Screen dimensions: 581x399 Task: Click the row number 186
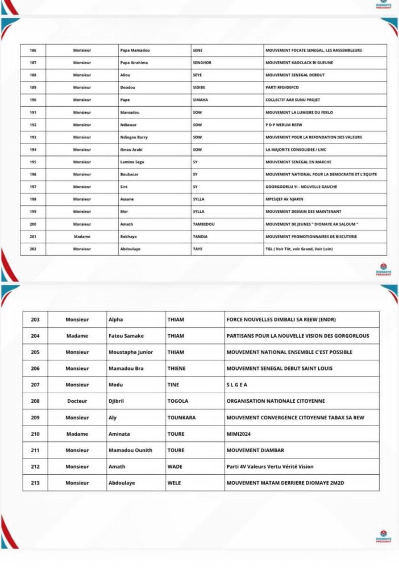(33, 50)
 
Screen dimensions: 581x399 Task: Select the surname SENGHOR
(202, 63)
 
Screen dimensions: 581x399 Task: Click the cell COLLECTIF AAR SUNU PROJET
(293, 100)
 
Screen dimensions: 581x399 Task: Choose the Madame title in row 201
(81, 237)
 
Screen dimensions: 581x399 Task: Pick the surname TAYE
(198, 249)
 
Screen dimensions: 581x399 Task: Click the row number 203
(35, 319)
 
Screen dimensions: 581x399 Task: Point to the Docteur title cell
(77, 401)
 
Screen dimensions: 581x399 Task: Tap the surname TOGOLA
(178, 401)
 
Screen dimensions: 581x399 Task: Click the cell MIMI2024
(238, 434)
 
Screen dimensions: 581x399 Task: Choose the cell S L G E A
(238, 385)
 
